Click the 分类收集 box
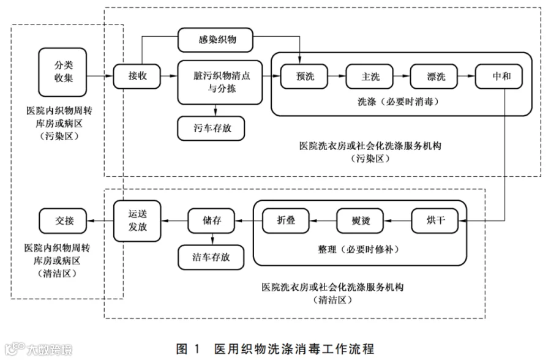(62, 72)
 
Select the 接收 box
(137, 76)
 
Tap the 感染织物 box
(216, 40)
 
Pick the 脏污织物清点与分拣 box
(220, 82)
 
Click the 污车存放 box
(211, 129)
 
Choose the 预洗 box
(304, 77)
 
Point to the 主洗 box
(369, 77)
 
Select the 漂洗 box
(434, 77)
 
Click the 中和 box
(499, 77)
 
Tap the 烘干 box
(435, 221)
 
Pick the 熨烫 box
(360, 221)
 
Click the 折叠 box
(286, 221)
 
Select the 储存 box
(211, 221)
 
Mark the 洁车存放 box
(211, 257)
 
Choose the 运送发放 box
(137, 221)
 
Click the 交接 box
(63, 221)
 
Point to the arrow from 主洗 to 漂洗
(402, 76)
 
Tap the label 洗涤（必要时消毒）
(399, 102)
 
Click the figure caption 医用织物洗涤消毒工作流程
(294, 349)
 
